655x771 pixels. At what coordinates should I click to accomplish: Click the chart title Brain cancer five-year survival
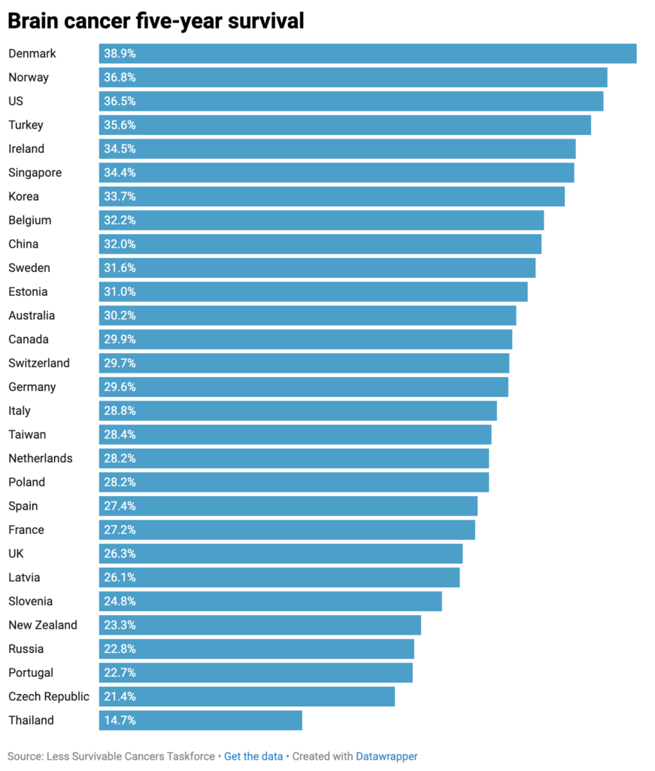(x=156, y=21)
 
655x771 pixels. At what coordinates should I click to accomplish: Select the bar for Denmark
(x=368, y=53)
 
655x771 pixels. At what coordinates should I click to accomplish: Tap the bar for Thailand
(x=201, y=721)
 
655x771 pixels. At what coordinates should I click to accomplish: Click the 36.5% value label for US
(x=120, y=101)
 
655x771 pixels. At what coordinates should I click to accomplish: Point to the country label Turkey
(x=26, y=125)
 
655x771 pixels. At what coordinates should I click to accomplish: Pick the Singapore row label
(x=35, y=172)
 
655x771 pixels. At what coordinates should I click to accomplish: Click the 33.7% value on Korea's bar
(x=120, y=197)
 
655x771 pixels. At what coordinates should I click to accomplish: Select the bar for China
(x=320, y=244)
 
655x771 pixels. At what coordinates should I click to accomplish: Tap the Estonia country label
(x=28, y=291)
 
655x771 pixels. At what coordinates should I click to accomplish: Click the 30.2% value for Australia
(x=120, y=315)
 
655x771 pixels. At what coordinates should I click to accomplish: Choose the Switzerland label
(x=39, y=363)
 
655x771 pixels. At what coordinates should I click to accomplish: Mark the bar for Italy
(x=298, y=411)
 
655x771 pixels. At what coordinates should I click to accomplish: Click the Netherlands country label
(x=41, y=459)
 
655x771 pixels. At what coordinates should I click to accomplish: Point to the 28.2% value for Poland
(x=120, y=483)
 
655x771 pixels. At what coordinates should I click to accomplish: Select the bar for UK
(x=280, y=554)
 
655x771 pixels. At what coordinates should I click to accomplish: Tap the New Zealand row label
(x=43, y=625)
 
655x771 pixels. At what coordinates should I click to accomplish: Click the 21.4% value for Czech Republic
(x=120, y=696)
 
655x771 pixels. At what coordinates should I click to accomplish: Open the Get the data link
(x=253, y=756)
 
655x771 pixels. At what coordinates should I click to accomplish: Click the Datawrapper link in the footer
(x=387, y=756)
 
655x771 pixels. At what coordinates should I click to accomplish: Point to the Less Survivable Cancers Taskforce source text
(x=130, y=756)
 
